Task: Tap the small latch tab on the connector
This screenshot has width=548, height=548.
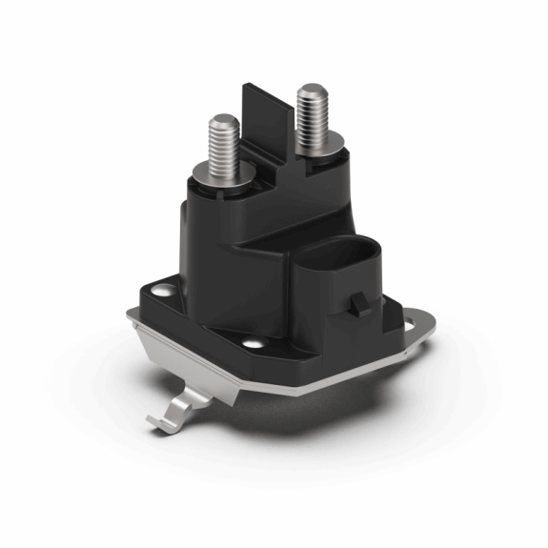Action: click(x=361, y=305)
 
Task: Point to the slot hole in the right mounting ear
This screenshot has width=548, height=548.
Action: click(x=411, y=326)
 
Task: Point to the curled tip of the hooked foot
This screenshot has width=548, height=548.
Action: click(x=153, y=422)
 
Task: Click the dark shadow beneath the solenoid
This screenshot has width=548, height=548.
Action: click(x=315, y=419)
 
